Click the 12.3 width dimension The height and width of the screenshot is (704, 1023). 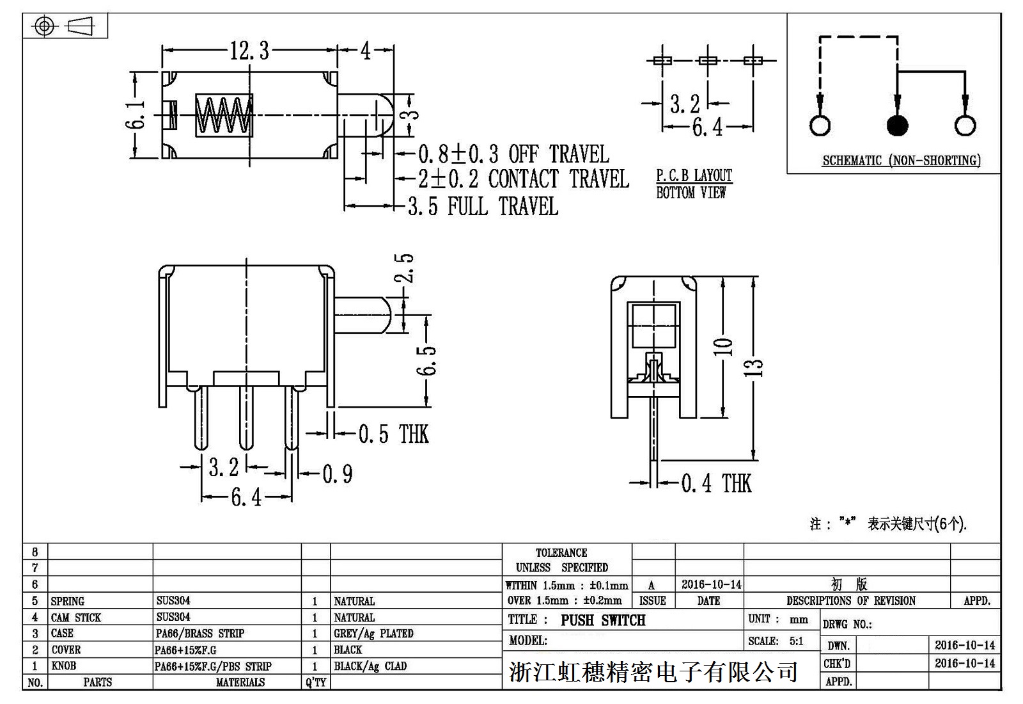pos(249,51)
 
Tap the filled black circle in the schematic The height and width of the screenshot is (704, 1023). pos(897,125)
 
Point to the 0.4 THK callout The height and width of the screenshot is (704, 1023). pos(716,483)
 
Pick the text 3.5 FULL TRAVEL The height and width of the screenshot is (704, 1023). pos(483,207)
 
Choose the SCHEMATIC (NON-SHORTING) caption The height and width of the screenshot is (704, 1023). pos(901,161)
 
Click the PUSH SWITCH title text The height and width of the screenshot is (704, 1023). pos(603,620)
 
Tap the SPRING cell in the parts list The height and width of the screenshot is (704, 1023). pos(68,602)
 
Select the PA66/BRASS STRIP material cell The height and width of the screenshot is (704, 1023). pos(200,634)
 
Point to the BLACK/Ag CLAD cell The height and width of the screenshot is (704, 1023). pos(370,666)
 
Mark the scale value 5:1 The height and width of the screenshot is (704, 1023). pos(796,641)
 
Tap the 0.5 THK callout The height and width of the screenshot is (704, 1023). pos(393,434)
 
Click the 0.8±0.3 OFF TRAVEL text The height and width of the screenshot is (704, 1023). pos(513,154)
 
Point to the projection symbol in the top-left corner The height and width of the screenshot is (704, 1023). pos(65,26)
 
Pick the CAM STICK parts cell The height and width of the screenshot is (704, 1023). pos(76,618)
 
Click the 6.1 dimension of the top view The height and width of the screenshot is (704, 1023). pos(135,115)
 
